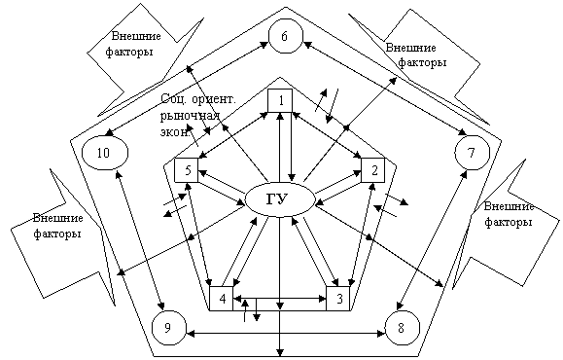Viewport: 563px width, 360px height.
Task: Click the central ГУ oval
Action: coord(280,200)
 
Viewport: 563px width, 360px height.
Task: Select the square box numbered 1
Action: coord(280,100)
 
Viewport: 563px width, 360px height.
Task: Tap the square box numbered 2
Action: coord(373,170)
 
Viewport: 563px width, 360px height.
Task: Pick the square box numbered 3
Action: coord(337,298)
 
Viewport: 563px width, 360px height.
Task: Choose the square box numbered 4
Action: coord(221,298)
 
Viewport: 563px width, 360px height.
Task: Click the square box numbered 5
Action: coord(187,170)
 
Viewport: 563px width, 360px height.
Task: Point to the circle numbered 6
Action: coord(286,36)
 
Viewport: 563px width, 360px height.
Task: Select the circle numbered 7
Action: coord(473,153)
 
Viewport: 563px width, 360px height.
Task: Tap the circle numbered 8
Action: coord(403,328)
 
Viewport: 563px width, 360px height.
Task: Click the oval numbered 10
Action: coord(105,153)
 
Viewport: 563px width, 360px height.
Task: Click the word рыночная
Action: coord(190,116)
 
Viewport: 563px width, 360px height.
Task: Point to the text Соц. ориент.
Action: coord(198,99)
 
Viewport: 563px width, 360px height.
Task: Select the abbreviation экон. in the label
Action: coord(175,132)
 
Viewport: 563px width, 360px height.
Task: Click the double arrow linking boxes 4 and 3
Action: coord(280,298)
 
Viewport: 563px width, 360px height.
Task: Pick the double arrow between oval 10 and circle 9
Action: coord(140,240)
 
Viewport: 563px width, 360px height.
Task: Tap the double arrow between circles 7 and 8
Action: coord(433,240)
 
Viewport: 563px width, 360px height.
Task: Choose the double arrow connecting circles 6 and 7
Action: coord(385,89)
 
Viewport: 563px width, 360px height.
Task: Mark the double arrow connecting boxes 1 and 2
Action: coord(327,135)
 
